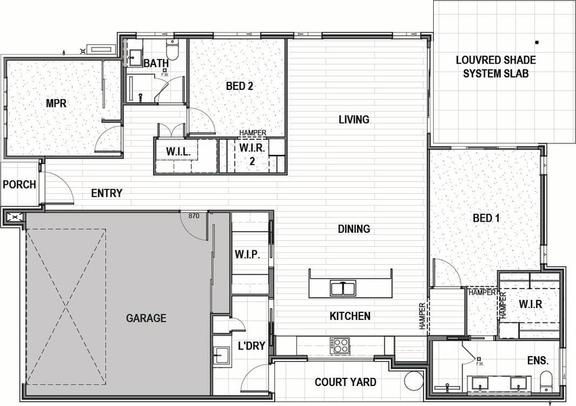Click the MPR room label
(56, 103)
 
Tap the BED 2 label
(240, 86)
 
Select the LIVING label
(354, 119)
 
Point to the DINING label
(354, 229)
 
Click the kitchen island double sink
(343, 289)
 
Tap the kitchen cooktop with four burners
(339, 346)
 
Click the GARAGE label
(146, 318)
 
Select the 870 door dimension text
(193, 216)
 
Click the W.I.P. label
(248, 254)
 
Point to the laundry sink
(222, 355)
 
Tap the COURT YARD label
(345, 382)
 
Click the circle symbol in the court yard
(413, 381)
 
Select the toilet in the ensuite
(547, 382)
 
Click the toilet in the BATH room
(172, 49)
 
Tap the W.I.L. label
(178, 152)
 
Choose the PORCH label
(19, 184)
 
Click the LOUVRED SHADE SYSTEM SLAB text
(495, 67)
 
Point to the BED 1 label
(486, 218)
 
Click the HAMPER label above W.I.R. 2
(253, 132)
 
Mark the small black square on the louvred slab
(537, 42)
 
